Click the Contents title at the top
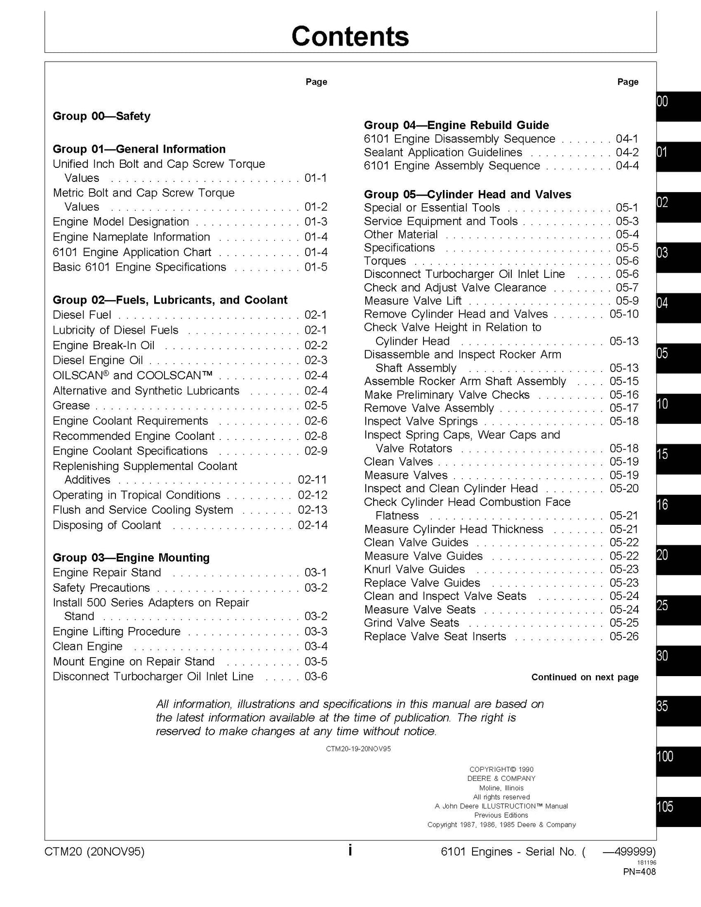click(350, 36)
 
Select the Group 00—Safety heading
click(101, 116)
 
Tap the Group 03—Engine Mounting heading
click(131, 557)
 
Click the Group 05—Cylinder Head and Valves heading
click(467, 194)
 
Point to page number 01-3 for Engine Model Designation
click(316, 222)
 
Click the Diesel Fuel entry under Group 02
click(82, 315)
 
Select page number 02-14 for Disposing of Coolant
click(312, 525)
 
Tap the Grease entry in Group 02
click(71, 405)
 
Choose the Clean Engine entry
click(88, 646)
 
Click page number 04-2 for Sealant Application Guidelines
click(627, 152)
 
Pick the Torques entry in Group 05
click(385, 261)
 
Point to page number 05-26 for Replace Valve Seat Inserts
click(624, 636)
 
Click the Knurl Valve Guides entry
click(414, 569)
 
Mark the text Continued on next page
click(585, 677)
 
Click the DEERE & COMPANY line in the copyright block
click(501, 778)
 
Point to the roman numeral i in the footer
click(350, 850)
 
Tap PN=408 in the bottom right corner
click(639, 872)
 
